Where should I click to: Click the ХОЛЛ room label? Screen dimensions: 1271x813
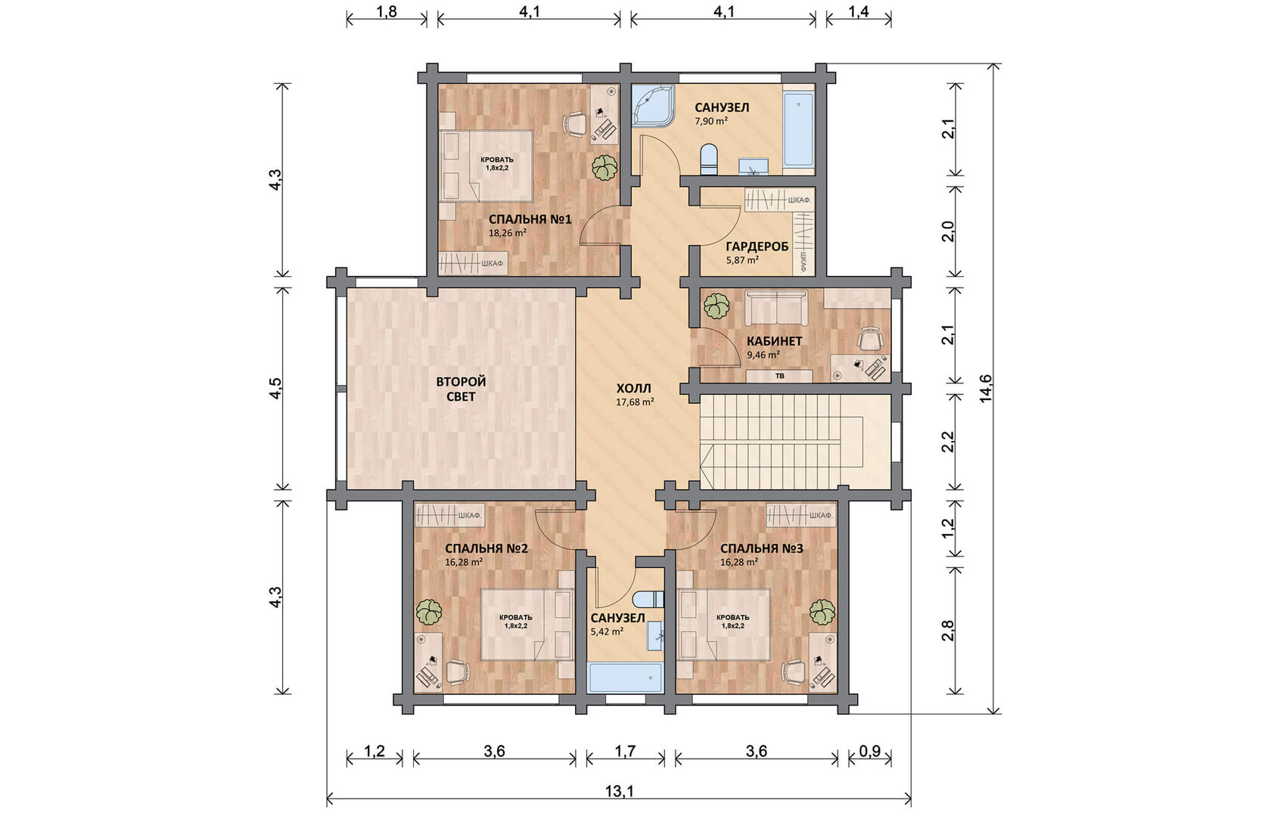pos(633,389)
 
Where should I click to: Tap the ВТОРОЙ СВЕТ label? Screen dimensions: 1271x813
pos(461,389)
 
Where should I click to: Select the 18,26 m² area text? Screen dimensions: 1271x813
pos(508,233)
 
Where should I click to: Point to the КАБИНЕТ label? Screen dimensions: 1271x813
pos(774,341)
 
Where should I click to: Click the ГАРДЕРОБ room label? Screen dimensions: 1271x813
pos(757,247)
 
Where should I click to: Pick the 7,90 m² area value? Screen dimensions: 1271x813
pos(711,121)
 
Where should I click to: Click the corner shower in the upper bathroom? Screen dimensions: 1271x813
pos(652,107)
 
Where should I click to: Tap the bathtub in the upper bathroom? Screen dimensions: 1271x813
pos(799,129)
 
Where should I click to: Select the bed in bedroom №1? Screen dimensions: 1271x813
pos(487,166)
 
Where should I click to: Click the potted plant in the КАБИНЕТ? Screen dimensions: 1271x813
pos(716,306)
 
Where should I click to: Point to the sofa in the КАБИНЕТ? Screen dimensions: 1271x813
pos(776,309)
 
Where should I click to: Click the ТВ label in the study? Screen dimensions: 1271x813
pos(779,376)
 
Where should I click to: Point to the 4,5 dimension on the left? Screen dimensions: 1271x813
pos(275,388)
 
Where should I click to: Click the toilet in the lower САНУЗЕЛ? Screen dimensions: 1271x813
pos(648,599)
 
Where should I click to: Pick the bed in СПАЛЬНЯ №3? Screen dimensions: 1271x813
pos(724,624)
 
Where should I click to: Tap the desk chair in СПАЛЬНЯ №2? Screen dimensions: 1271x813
pos(457,672)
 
